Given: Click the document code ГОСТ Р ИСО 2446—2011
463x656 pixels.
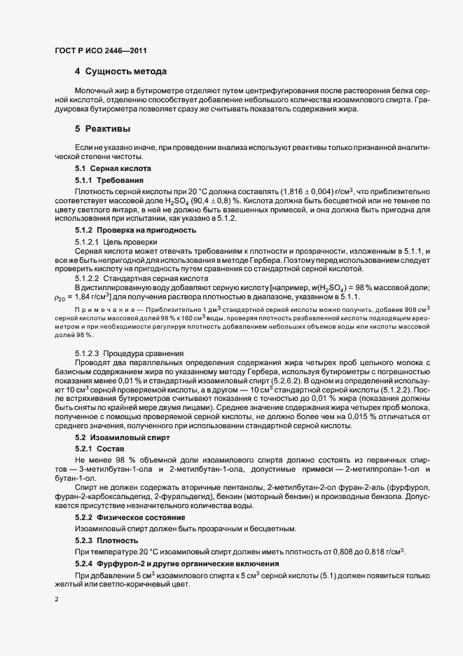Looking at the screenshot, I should point(101,50).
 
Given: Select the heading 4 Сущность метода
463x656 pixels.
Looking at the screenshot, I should point(120,71).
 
